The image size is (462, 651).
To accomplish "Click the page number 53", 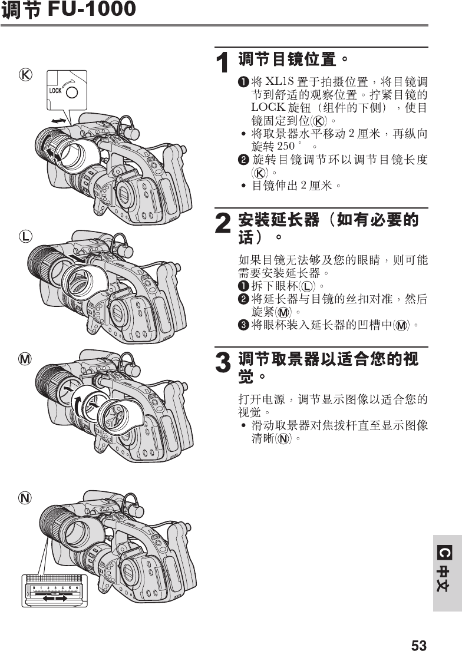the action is (418, 645).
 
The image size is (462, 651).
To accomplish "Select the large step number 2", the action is (222, 224).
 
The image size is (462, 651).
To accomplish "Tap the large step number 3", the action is (222, 362).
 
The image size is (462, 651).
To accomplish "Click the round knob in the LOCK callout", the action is (72, 92).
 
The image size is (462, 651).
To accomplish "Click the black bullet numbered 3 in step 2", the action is (243, 325).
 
